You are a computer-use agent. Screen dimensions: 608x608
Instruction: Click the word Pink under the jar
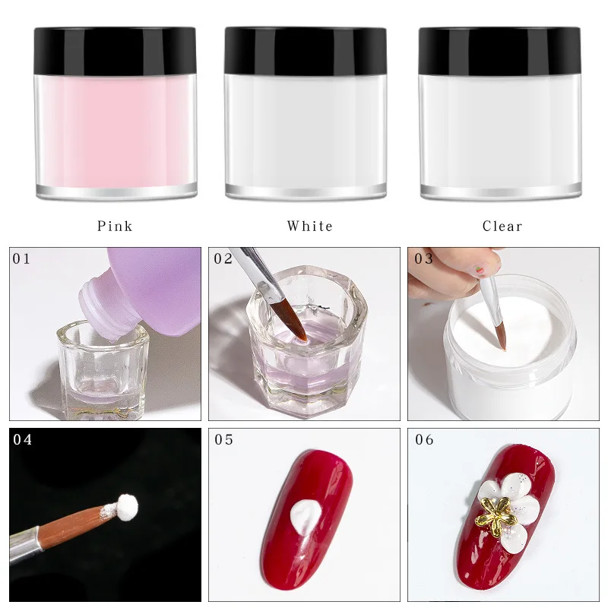pyautogui.click(x=115, y=226)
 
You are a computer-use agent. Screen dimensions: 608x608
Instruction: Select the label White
pyautogui.click(x=309, y=226)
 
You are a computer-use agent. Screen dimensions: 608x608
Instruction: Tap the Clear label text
pyautogui.click(x=502, y=226)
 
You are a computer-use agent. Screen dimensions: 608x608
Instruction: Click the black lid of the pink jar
pyautogui.click(x=115, y=50)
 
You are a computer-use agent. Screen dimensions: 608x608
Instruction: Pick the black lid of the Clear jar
pyautogui.click(x=499, y=50)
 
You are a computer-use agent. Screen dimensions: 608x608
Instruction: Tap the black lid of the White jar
pyautogui.click(x=305, y=50)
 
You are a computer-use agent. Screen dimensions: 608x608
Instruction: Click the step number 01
pyautogui.click(x=21, y=258)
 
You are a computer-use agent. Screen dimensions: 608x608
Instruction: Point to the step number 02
pyautogui.click(x=223, y=258)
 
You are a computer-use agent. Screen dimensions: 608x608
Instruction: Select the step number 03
pyautogui.click(x=423, y=258)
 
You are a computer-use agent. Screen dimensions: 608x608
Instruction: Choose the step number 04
pyautogui.click(x=22, y=439)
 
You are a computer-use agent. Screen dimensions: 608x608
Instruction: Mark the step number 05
pyautogui.click(x=223, y=439)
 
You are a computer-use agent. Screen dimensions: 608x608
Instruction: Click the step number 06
pyautogui.click(x=424, y=439)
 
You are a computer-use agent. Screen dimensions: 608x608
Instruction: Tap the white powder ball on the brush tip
pyautogui.click(x=126, y=505)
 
